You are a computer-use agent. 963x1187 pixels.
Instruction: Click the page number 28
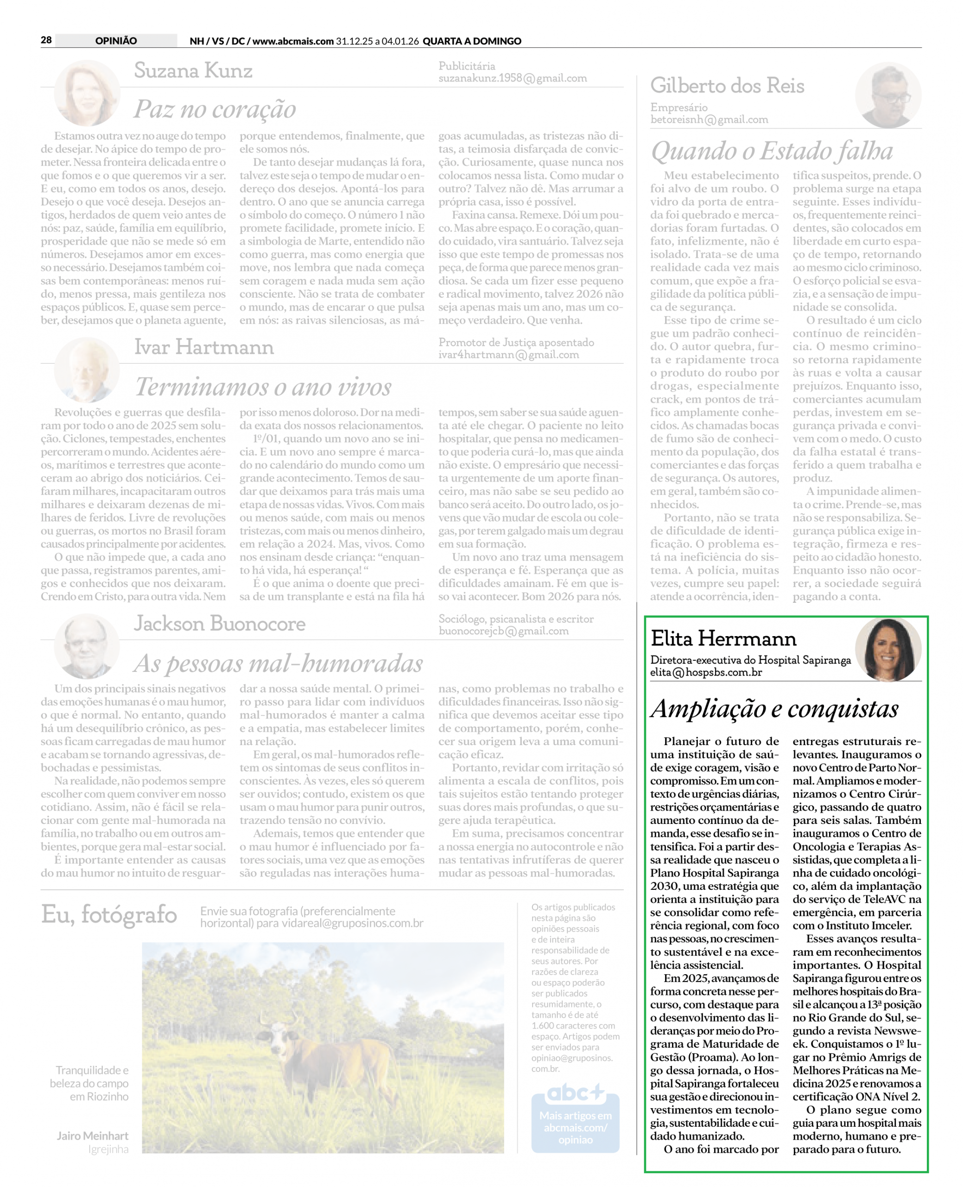coord(46,40)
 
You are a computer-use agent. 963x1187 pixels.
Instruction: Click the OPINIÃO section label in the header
coord(116,40)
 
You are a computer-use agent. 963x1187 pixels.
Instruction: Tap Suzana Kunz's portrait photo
coord(87,93)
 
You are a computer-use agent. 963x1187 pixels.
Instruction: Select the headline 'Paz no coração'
coord(215,109)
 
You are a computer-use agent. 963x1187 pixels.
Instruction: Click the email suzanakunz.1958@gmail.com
coord(513,78)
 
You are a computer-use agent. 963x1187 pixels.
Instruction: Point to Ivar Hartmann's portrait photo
coord(87,370)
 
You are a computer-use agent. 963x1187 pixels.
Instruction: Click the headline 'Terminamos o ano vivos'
coord(264,387)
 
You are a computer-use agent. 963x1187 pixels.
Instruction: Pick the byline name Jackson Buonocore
coord(219,624)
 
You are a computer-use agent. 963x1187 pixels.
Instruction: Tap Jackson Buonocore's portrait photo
coord(87,646)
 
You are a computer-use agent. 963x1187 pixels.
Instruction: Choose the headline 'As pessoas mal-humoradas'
coord(278,663)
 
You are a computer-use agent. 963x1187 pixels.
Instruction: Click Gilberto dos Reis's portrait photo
coord(887,96)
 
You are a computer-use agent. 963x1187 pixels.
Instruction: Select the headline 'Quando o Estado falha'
coord(772,151)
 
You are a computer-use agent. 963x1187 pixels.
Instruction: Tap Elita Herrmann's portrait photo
coord(887,649)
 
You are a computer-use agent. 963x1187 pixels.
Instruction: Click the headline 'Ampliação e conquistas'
coord(774,709)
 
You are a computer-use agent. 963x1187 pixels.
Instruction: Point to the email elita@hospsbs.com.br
coord(706,673)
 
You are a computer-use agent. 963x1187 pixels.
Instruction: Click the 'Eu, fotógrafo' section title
coord(109,914)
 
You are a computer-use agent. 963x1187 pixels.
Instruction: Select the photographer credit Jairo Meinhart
coord(92,1136)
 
